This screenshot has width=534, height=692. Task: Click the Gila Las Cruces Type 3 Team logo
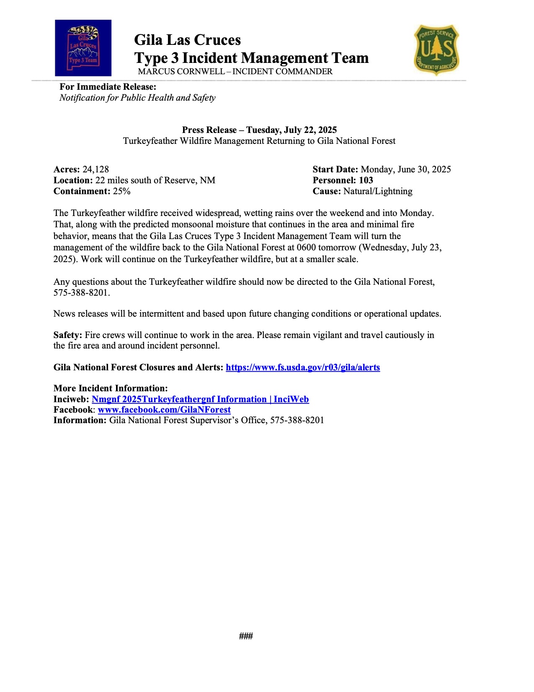(x=83, y=48)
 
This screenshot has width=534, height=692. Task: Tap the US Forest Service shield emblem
(x=436, y=49)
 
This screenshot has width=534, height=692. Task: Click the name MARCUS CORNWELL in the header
(x=181, y=72)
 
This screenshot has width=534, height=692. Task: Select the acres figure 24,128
(x=95, y=169)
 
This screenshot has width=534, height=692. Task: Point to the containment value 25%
(x=121, y=191)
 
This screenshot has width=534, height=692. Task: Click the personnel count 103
(x=366, y=180)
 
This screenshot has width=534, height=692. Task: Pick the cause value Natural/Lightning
(x=378, y=191)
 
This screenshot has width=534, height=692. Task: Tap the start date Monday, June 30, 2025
(x=405, y=169)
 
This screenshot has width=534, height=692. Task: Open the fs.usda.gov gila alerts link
(x=302, y=367)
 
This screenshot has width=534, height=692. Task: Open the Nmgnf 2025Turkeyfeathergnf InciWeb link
(x=200, y=399)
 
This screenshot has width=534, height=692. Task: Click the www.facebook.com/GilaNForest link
(x=164, y=410)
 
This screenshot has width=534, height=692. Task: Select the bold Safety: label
(x=68, y=335)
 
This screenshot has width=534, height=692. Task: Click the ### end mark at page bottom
(x=246, y=636)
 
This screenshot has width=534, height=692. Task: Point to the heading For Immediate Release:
(x=108, y=87)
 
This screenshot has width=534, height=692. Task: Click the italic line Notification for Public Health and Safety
(x=137, y=98)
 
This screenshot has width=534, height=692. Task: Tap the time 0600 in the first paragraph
(x=306, y=247)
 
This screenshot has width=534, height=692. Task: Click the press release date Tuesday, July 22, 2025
(x=292, y=130)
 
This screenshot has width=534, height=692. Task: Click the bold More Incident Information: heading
(x=111, y=388)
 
